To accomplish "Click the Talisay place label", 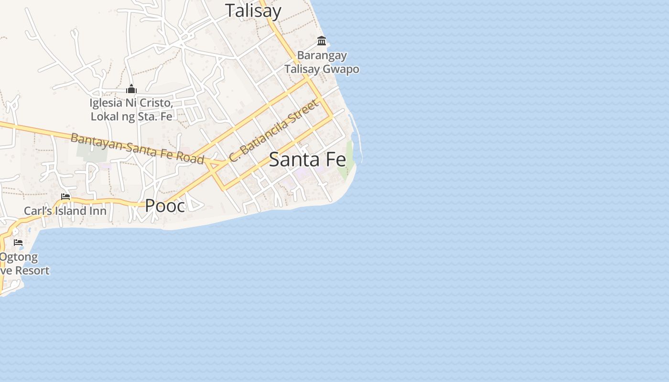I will coord(253,11).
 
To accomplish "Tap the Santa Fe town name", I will coord(307,159).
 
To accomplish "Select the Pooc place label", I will coord(165,206).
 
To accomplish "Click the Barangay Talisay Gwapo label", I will coord(322,63).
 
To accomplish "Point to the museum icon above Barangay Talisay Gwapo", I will coord(322,41).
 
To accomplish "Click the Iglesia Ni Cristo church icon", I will coord(131,89).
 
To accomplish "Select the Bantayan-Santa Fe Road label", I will coord(138,148).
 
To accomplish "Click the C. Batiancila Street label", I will coord(273,130).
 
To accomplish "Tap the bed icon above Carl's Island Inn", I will coord(65,197).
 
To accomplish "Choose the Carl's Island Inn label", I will coord(65,211).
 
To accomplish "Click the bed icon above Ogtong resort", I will coord(18,243).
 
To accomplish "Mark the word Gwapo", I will coord(341,69).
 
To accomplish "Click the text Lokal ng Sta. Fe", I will coord(131,116).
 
